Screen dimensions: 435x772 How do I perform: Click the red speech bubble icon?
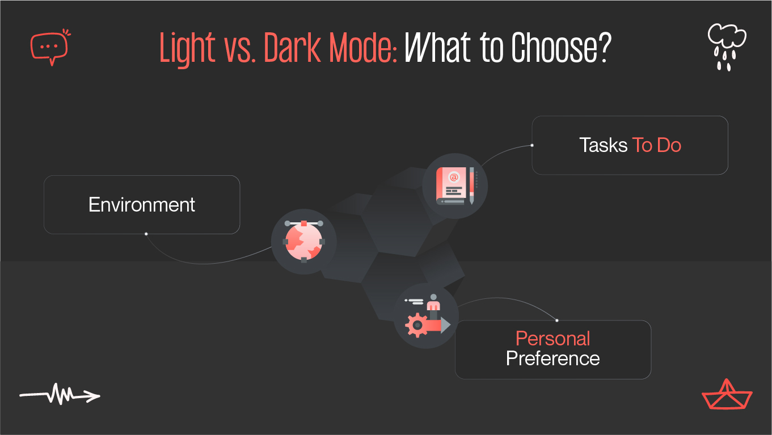pyautogui.click(x=49, y=47)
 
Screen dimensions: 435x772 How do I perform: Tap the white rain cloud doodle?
pyautogui.click(x=726, y=48)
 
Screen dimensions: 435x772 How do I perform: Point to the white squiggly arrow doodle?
pyautogui.click(x=60, y=394)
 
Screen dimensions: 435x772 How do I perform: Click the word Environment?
pyautogui.click(x=142, y=204)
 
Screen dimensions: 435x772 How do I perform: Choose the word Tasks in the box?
pyautogui.click(x=604, y=145)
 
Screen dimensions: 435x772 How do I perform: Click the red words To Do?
pyautogui.click(x=656, y=145)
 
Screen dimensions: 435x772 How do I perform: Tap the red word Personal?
pyautogui.click(x=552, y=339)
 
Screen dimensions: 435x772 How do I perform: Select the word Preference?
pyautogui.click(x=552, y=358)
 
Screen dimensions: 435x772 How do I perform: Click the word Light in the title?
pyautogui.click(x=188, y=49)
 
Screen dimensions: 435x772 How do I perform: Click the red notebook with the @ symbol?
pyautogui.click(x=452, y=185)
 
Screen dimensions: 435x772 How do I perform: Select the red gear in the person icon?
pyautogui.click(x=416, y=325)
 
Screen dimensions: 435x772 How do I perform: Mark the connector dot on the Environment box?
pyautogui.click(x=146, y=234)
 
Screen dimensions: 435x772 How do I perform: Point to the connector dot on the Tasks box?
pyautogui.click(x=531, y=145)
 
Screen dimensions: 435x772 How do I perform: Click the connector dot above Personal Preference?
pyautogui.click(x=557, y=320)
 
